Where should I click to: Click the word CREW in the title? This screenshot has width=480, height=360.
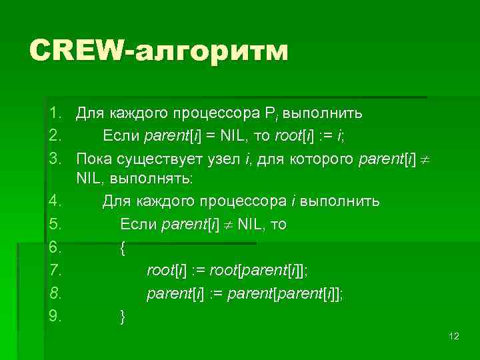pos(78,51)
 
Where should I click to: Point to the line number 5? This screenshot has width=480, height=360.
pos(55,225)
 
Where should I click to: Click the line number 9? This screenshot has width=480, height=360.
pos(55,315)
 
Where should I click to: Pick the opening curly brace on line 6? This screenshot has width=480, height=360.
pos(122,248)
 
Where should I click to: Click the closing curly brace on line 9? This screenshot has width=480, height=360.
pos(122,315)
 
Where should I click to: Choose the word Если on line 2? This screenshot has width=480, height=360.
pos(121,135)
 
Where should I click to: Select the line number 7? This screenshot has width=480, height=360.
pos(55,270)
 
